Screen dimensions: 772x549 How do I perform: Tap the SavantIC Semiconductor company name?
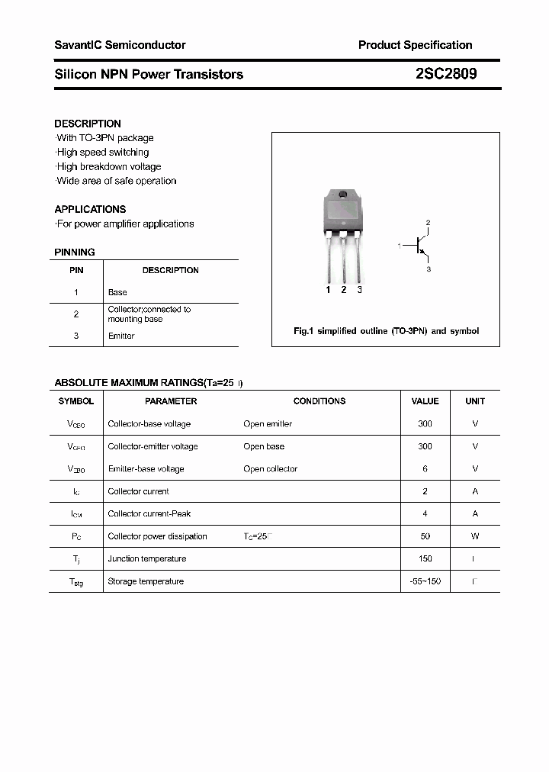pyautogui.click(x=120, y=45)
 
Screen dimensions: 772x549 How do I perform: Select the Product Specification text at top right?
pyautogui.click(x=415, y=45)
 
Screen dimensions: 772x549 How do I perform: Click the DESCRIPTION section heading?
pyautogui.click(x=88, y=124)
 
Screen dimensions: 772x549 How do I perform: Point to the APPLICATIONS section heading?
pyautogui.click(x=90, y=209)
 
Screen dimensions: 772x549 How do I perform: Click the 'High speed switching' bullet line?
pyautogui.click(x=103, y=153)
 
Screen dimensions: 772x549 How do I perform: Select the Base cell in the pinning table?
pyautogui.click(x=117, y=292)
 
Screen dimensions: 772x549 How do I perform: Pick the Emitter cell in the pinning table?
pyautogui.click(x=121, y=336)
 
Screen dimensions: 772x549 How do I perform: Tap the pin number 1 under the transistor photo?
pyautogui.click(x=328, y=290)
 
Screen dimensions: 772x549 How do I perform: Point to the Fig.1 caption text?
pyautogui.click(x=386, y=331)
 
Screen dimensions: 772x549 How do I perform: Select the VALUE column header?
pyautogui.click(x=425, y=401)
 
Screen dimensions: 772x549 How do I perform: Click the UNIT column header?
pyautogui.click(x=475, y=401)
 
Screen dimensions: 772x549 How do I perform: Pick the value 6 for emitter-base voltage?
pyautogui.click(x=425, y=469)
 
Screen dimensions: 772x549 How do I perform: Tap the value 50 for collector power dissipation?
pyautogui.click(x=425, y=536)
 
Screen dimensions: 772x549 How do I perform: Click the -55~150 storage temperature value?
pyautogui.click(x=425, y=581)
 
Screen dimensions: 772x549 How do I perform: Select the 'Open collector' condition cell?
pyautogui.click(x=270, y=469)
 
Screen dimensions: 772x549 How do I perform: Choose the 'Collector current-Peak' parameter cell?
pyautogui.click(x=149, y=514)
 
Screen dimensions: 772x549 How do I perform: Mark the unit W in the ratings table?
pyautogui.click(x=475, y=536)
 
